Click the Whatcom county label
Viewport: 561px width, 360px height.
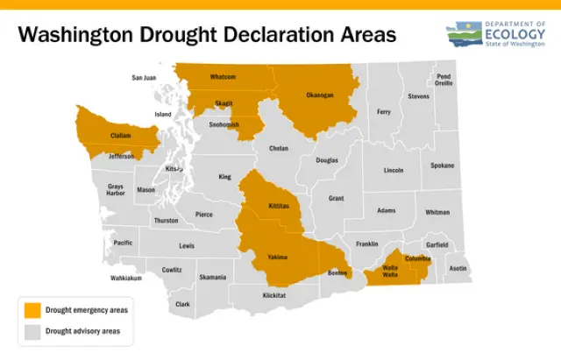pyautogui.click(x=223, y=77)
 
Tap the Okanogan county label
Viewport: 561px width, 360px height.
pyautogui.click(x=320, y=95)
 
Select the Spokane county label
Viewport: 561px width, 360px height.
pyautogui.click(x=443, y=165)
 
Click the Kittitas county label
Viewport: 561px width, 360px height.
pyautogui.click(x=279, y=206)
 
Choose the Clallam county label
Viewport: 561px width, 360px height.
pyautogui.click(x=121, y=136)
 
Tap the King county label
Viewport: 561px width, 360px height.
pyautogui.click(x=225, y=177)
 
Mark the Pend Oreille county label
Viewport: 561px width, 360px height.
pyautogui.click(x=444, y=80)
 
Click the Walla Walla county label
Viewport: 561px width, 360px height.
pyautogui.click(x=390, y=272)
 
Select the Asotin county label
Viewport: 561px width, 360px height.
pyautogui.click(x=458, y=268)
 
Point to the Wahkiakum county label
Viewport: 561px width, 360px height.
pyautogui.click(x=126, y=279)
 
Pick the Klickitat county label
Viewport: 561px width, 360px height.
pyautogui.click(x=274, y=295)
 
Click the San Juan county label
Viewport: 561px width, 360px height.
pyautogui.click(x=144, y=77)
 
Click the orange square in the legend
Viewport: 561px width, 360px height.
pyautogui.click(x=32, y=310)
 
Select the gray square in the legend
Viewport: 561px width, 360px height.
pyautogui.click(x=32, y=331)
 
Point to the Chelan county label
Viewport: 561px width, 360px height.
pyautogui.click(x=279, y=148)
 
